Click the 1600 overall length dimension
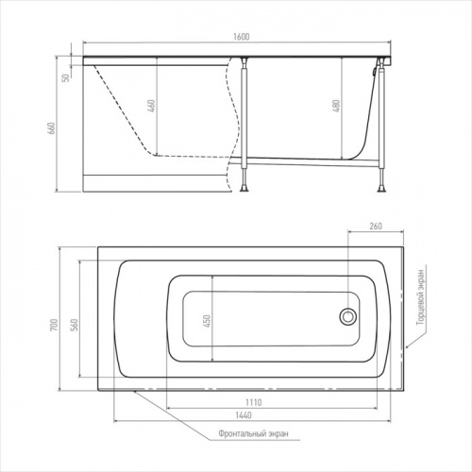pos(242,37)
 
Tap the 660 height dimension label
pos(51,128)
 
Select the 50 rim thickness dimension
pos(66,77)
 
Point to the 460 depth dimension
pos(151,106)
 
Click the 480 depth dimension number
pos(336,107)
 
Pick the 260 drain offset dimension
pos(376,226)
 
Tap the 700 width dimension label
pos(54,325)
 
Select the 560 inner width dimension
pos(75,325)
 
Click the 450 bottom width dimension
pos(207,321)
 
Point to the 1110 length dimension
pos(254,402)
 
